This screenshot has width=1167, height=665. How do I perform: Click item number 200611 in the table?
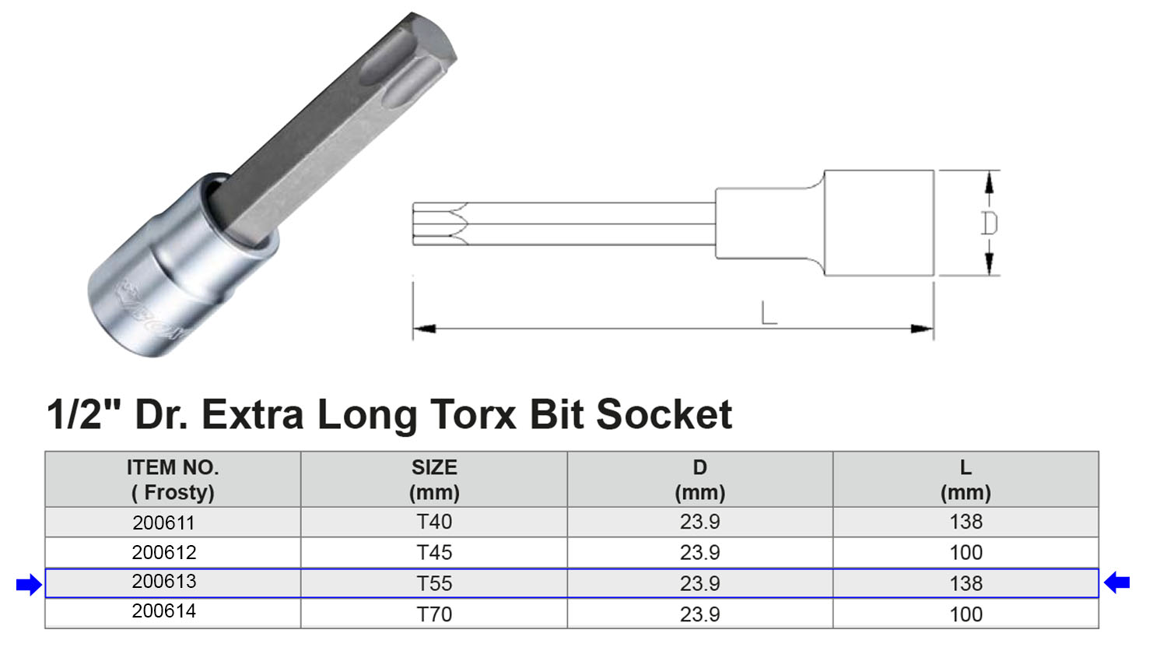[163, 522]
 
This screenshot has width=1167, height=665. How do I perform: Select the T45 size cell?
[434, 553]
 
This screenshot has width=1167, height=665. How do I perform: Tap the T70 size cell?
[434, 614]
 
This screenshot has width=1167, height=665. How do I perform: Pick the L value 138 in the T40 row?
[965, 522]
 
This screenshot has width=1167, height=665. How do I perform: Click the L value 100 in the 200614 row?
[965, 614]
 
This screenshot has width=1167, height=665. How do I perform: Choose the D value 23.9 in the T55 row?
[699, 583]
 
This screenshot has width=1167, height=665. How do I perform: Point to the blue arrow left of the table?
[29, 584]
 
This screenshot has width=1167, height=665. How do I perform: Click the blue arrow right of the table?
[1117, 582]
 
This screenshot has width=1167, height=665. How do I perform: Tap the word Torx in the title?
[474, 414]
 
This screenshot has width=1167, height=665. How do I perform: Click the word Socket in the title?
[664, 414]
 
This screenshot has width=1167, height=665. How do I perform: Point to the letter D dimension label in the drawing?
[989, 223]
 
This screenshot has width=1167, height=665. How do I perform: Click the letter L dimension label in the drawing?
[769, 314]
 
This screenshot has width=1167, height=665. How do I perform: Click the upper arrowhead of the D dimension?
[989, 182]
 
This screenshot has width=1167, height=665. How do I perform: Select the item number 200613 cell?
[163, 582]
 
